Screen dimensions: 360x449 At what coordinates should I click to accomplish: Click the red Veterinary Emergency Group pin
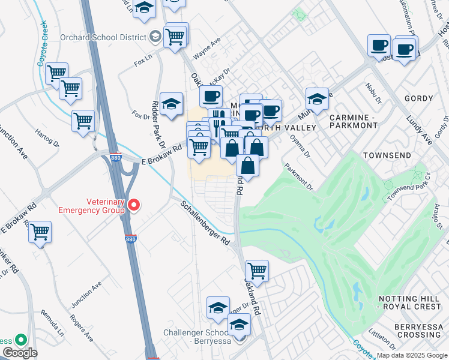tap(135, 206)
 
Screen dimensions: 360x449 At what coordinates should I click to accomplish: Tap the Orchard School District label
tap(103, 37)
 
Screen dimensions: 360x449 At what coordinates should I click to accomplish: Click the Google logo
tap(19, 353)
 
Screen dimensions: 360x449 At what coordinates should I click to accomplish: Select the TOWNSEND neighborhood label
tap(387, 155)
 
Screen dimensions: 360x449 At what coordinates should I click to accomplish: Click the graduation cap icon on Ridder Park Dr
tap(171, 103)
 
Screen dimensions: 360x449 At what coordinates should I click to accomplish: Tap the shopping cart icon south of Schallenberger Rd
tap(257, 271)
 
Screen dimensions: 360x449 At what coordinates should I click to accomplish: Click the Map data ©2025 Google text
tap(412, 355)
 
